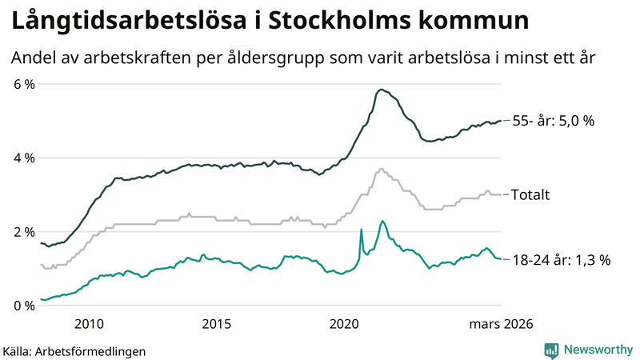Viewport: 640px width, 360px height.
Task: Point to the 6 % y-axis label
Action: (23, 84)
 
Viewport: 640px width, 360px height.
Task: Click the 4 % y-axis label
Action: (23, 158)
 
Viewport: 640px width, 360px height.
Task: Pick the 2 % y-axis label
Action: (23, 232)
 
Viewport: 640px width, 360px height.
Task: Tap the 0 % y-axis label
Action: (23, 306)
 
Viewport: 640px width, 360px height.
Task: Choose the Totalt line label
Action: (529, 194)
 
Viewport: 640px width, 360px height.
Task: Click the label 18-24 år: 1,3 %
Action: (561, 259)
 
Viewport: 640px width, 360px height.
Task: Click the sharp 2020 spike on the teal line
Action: (361, 230)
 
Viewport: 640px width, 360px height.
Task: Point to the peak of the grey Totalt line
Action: (381, 169)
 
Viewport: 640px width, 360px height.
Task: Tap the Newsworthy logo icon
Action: (551, 350)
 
